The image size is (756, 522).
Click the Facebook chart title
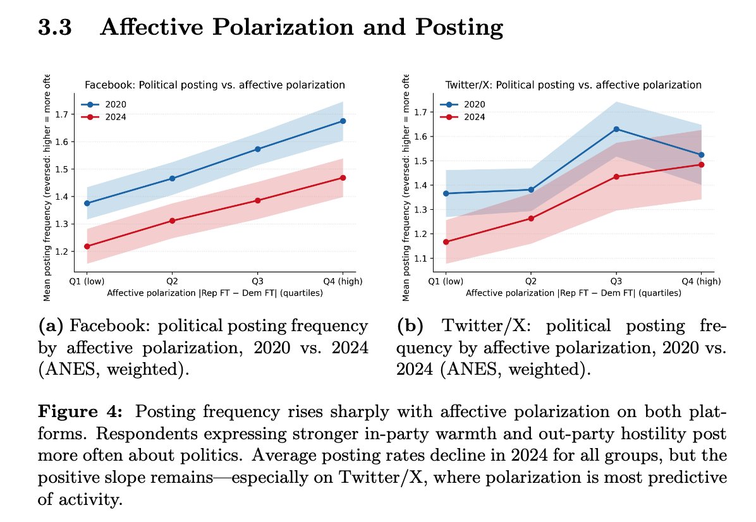pos(215,85)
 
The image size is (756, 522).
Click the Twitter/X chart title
pos(573,85)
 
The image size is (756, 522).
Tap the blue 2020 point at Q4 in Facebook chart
pos(343,121)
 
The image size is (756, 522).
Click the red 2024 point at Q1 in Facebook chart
pos(87,246)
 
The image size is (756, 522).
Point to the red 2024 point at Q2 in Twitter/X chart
pos(530,219)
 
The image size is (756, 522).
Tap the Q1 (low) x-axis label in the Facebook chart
pos(87,281)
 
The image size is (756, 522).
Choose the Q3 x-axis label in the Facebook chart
pos(257,281)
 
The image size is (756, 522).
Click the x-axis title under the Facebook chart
pos(215,293)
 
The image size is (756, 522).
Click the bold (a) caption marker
pos(51,327)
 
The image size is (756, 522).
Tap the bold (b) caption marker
pos(408,327)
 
